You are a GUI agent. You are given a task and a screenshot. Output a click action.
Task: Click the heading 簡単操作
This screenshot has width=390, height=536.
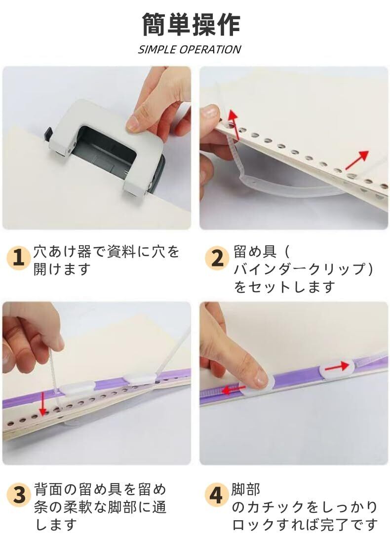191,24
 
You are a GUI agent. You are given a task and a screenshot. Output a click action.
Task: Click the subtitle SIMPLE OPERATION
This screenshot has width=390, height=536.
190,49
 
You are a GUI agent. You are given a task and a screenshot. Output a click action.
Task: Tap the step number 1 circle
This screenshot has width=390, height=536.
18,258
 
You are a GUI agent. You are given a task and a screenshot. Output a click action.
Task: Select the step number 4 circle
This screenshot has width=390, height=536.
216,495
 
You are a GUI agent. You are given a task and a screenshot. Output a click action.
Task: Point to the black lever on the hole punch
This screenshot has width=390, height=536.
48,134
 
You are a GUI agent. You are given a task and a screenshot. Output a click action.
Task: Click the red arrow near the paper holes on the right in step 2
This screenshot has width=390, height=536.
357,159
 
